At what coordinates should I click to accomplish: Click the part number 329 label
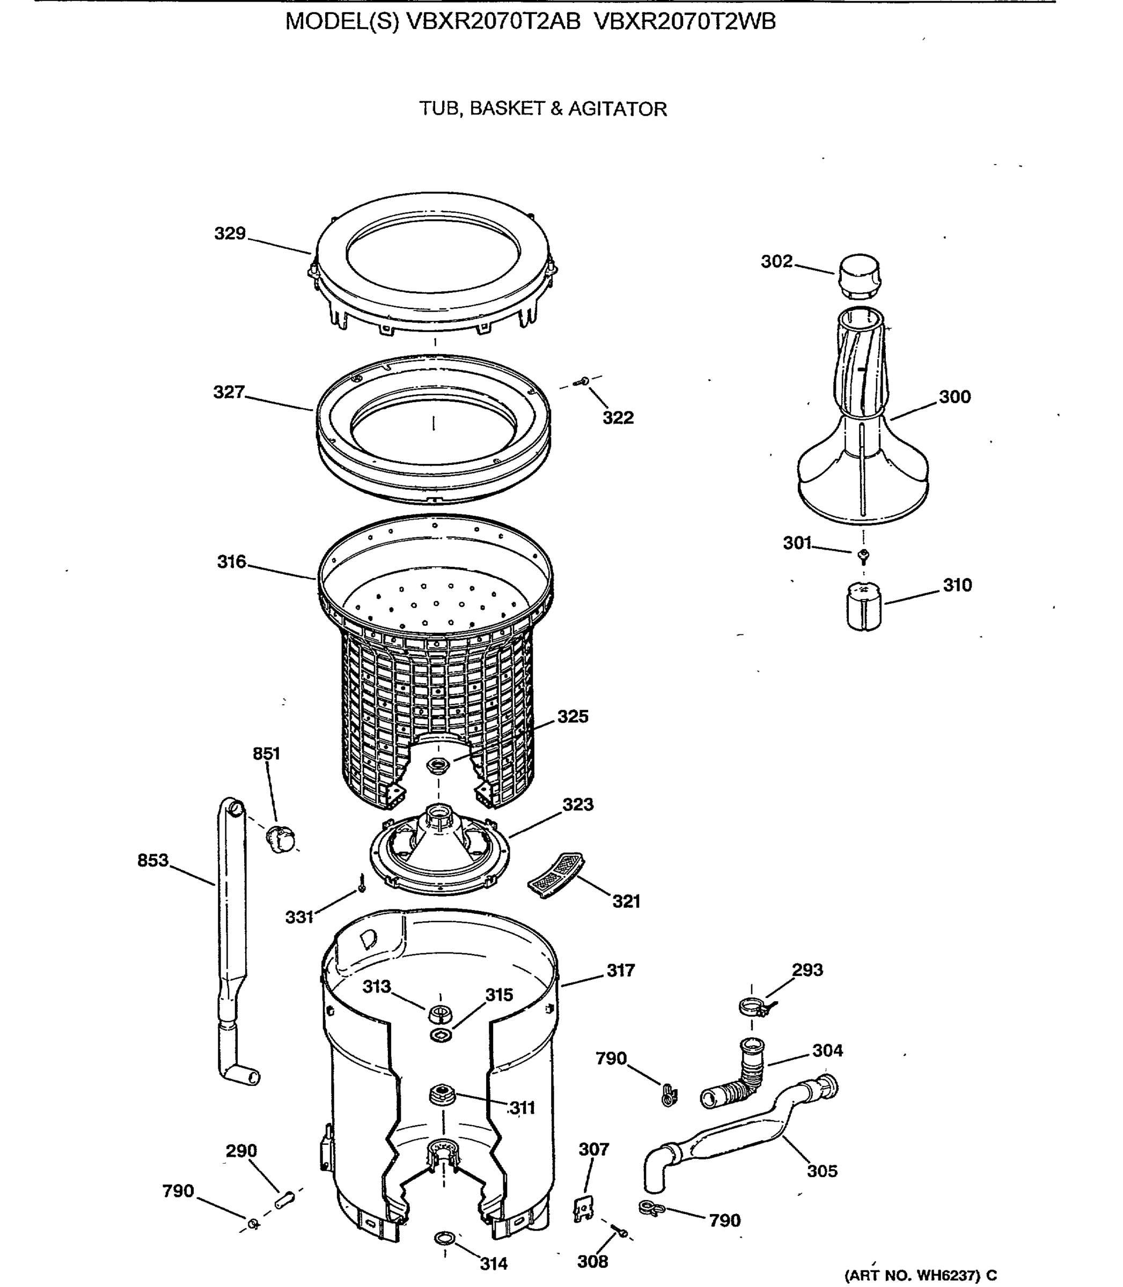[x=230, y=234]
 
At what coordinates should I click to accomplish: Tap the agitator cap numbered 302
[x=858, y=276]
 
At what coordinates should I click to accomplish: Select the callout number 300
[x=955, y=396]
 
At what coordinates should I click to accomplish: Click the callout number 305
[x=821, y=1171]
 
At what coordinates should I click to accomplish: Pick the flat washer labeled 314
[x=444, y=1238]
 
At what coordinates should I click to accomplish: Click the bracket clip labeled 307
[x=583, y=1209]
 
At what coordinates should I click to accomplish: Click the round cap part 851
[x=280, y=838]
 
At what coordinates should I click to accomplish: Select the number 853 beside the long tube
[x=153, y=861]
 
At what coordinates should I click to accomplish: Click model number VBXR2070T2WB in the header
[x=684, y=22]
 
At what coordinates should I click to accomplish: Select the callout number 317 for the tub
[x=620, y=971]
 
